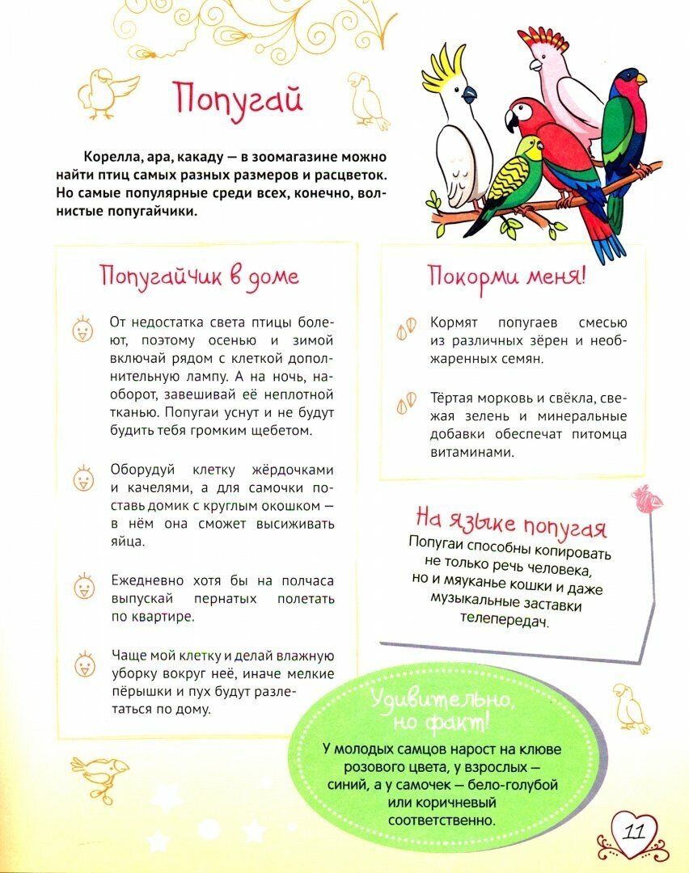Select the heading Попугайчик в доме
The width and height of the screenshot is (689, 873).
199,276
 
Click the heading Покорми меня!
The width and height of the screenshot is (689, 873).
506,276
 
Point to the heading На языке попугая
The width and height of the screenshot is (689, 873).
510,522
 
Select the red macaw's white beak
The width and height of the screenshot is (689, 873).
513,121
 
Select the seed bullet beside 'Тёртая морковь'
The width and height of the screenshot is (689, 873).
407,399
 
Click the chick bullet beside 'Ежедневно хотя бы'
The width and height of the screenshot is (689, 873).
82,587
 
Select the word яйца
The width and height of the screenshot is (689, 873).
128,542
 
